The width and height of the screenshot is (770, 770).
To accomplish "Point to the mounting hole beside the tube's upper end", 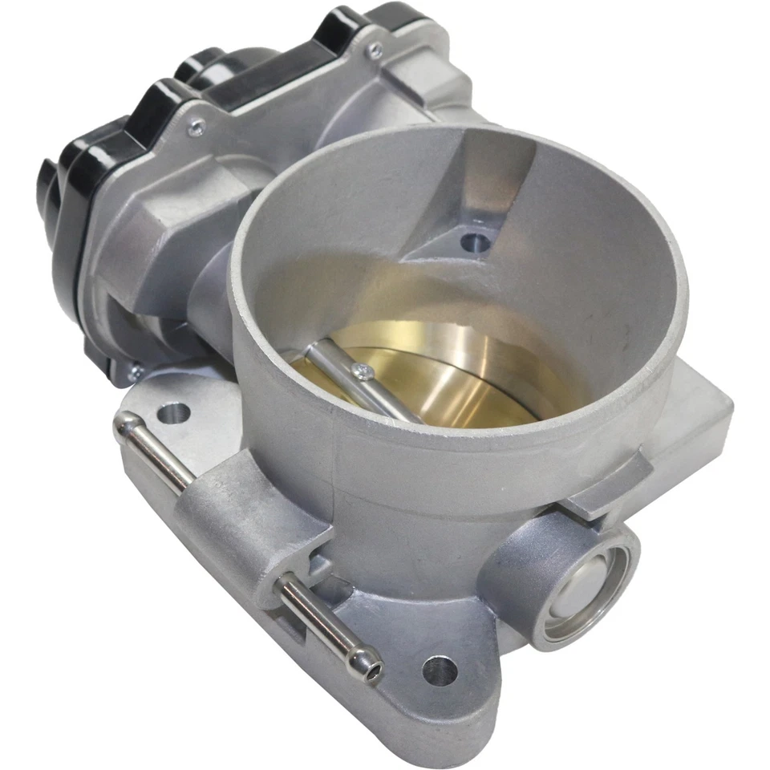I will pyautogui.click(x=173, y=414).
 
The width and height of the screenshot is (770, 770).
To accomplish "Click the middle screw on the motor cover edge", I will pyautogui.click(x=194, y=128).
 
